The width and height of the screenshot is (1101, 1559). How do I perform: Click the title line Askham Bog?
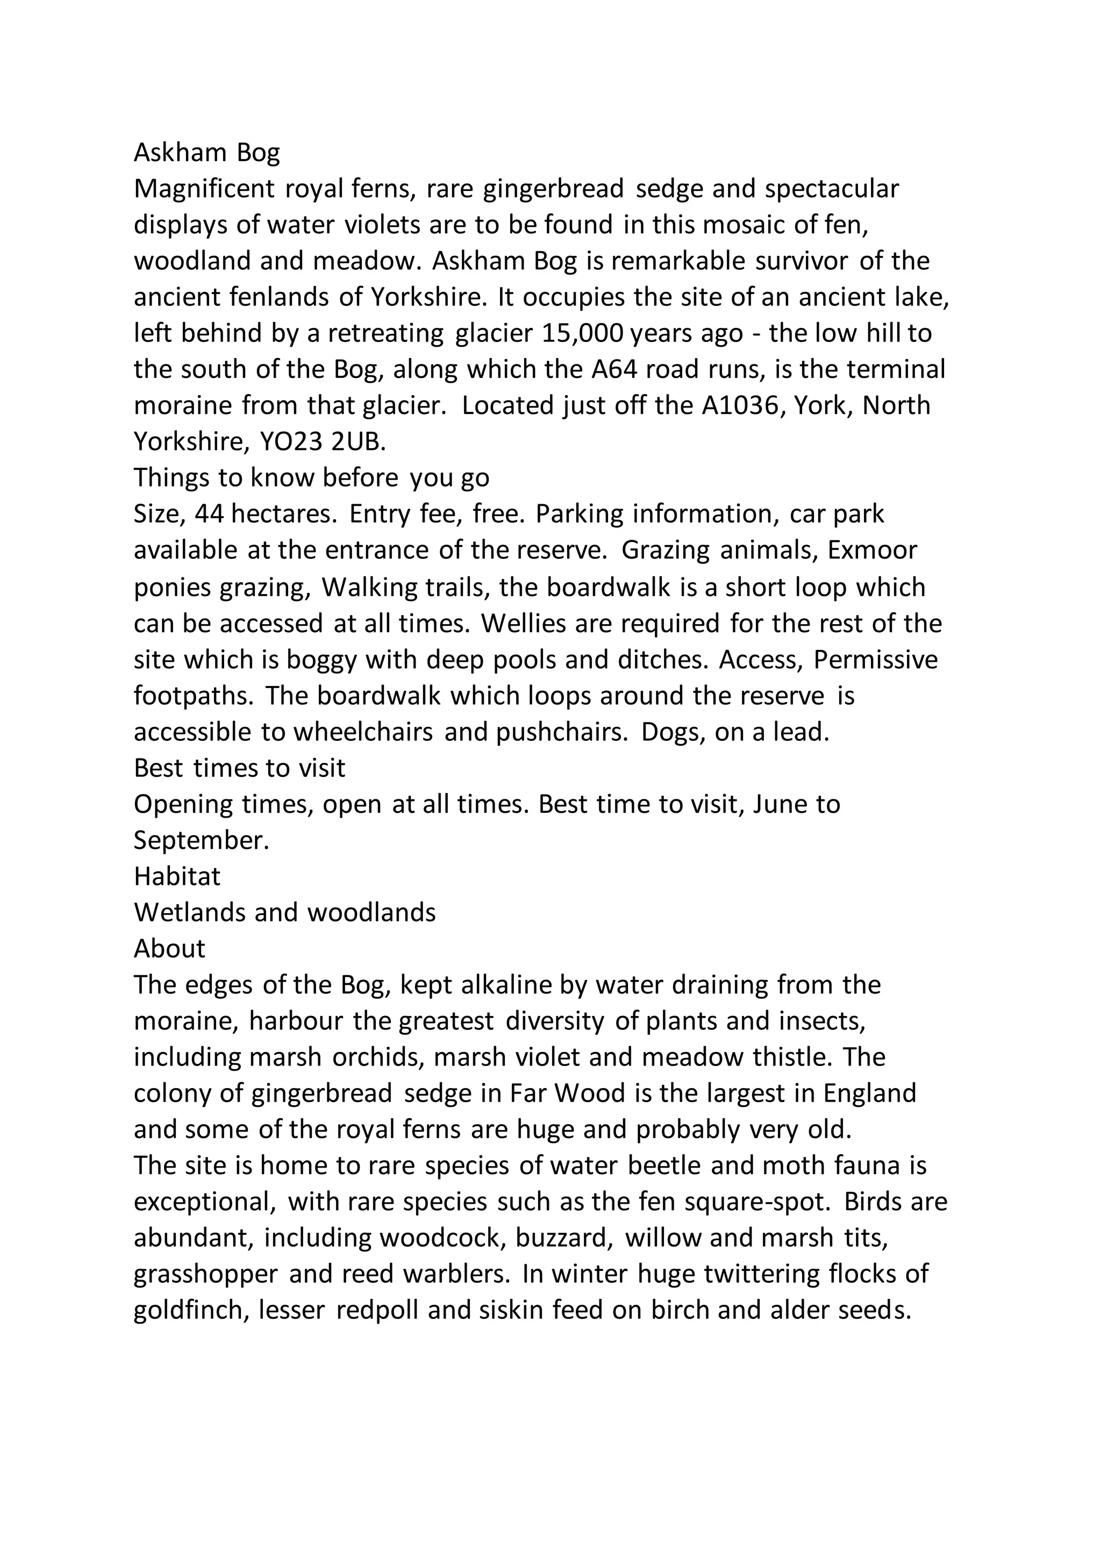coord(206,153)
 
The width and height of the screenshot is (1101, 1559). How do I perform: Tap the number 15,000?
coord(585,333)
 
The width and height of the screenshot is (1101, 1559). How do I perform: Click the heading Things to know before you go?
coord(311,478)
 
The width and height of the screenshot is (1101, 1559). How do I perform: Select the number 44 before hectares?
coord(209,514)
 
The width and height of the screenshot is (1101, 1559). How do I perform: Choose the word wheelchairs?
coord(363,732)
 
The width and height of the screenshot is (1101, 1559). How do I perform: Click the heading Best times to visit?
coord(240,768)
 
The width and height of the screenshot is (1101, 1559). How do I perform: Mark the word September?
coord(202,841)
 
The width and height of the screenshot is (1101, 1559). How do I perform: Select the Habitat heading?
coord(177,877)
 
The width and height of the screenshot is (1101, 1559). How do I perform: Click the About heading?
coord(169,949)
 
